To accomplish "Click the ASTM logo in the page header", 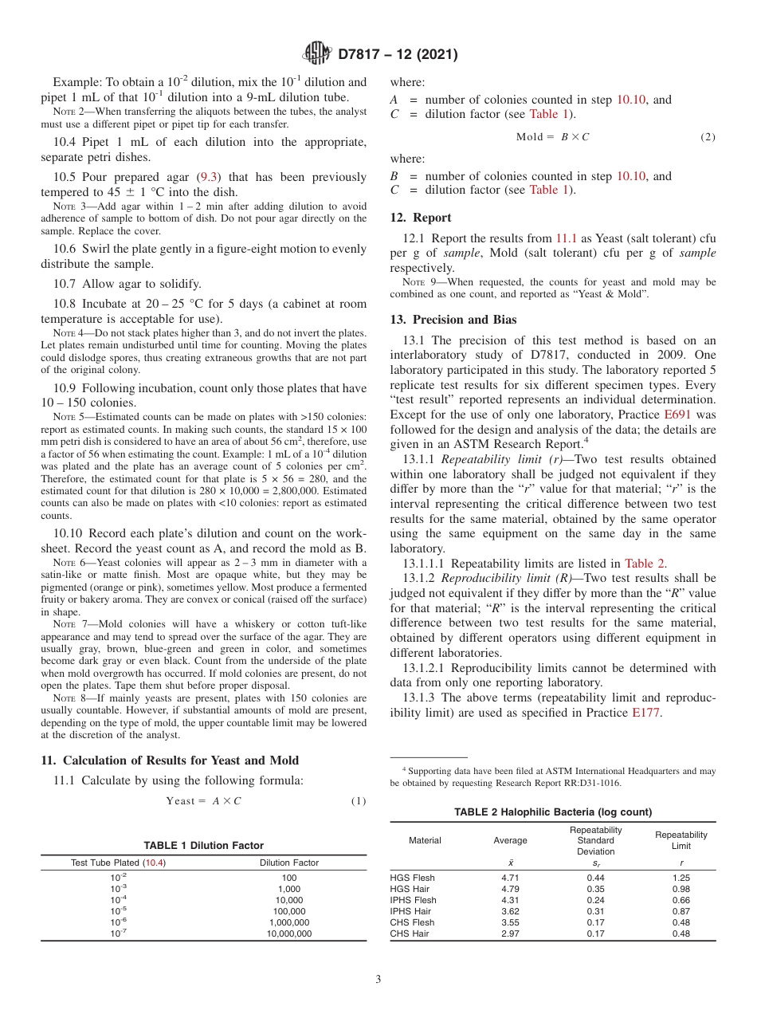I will point(317,54).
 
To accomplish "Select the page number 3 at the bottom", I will point(378,979).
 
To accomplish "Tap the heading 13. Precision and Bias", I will point(453,320).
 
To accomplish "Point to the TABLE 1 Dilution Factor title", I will point(203,845).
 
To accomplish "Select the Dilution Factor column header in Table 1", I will point(288,863).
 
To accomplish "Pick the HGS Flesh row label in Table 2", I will point(412,878).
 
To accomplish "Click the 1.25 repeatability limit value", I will point(681,878).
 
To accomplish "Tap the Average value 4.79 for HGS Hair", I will point(510,889).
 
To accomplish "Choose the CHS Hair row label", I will point(410,933).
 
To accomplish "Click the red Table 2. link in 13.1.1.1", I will point(645,564).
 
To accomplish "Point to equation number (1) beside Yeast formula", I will point(359,801).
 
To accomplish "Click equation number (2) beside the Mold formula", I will point(708,137).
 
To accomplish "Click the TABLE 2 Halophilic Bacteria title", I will point(552,812).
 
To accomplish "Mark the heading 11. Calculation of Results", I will point(169,760).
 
